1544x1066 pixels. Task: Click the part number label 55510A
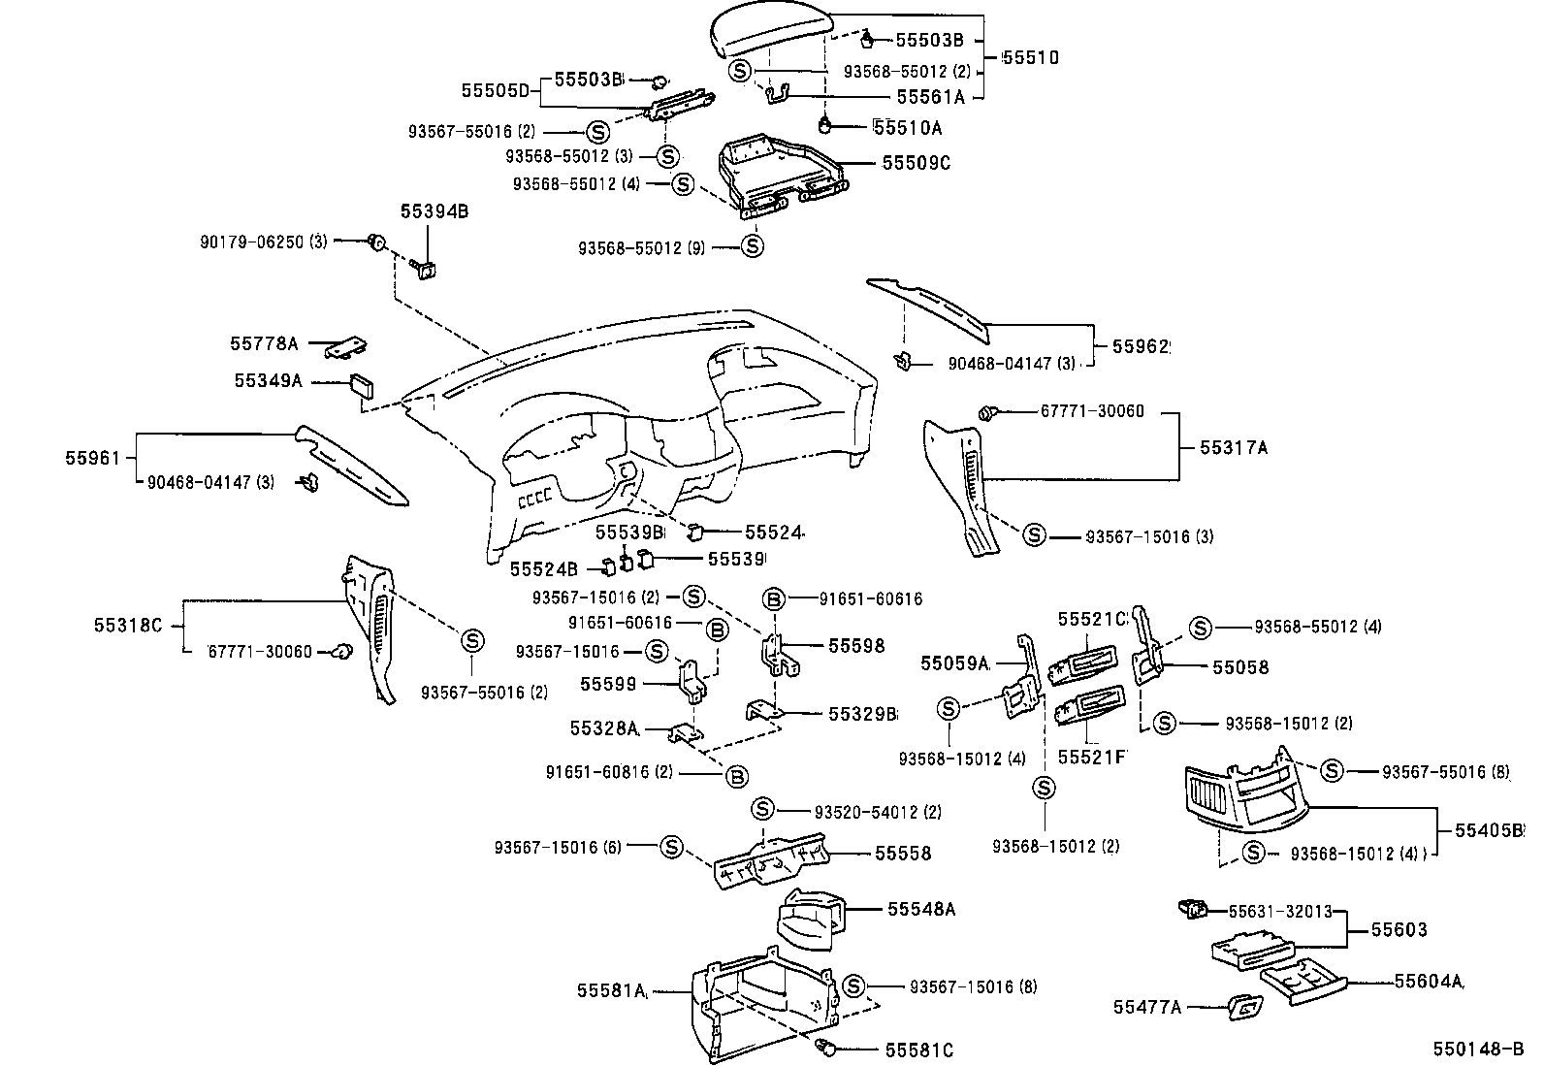point(908,127)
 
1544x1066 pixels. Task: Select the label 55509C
point(916,163)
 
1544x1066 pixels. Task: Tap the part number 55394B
point(434,210)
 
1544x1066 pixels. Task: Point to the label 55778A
point(264,343)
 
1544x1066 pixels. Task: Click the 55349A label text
point(268,381)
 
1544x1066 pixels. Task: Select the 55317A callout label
point(1233,447)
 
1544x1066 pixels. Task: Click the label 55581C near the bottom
point(918,1050)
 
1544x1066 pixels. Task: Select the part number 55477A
point(1146,1008)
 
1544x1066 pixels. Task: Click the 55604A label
point(1429,981)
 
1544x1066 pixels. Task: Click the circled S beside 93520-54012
point(762,809)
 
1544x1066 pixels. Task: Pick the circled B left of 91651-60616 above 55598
point(774,599)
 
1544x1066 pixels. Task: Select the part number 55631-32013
point(1279,912)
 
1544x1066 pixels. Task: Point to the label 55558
point(902,854)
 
